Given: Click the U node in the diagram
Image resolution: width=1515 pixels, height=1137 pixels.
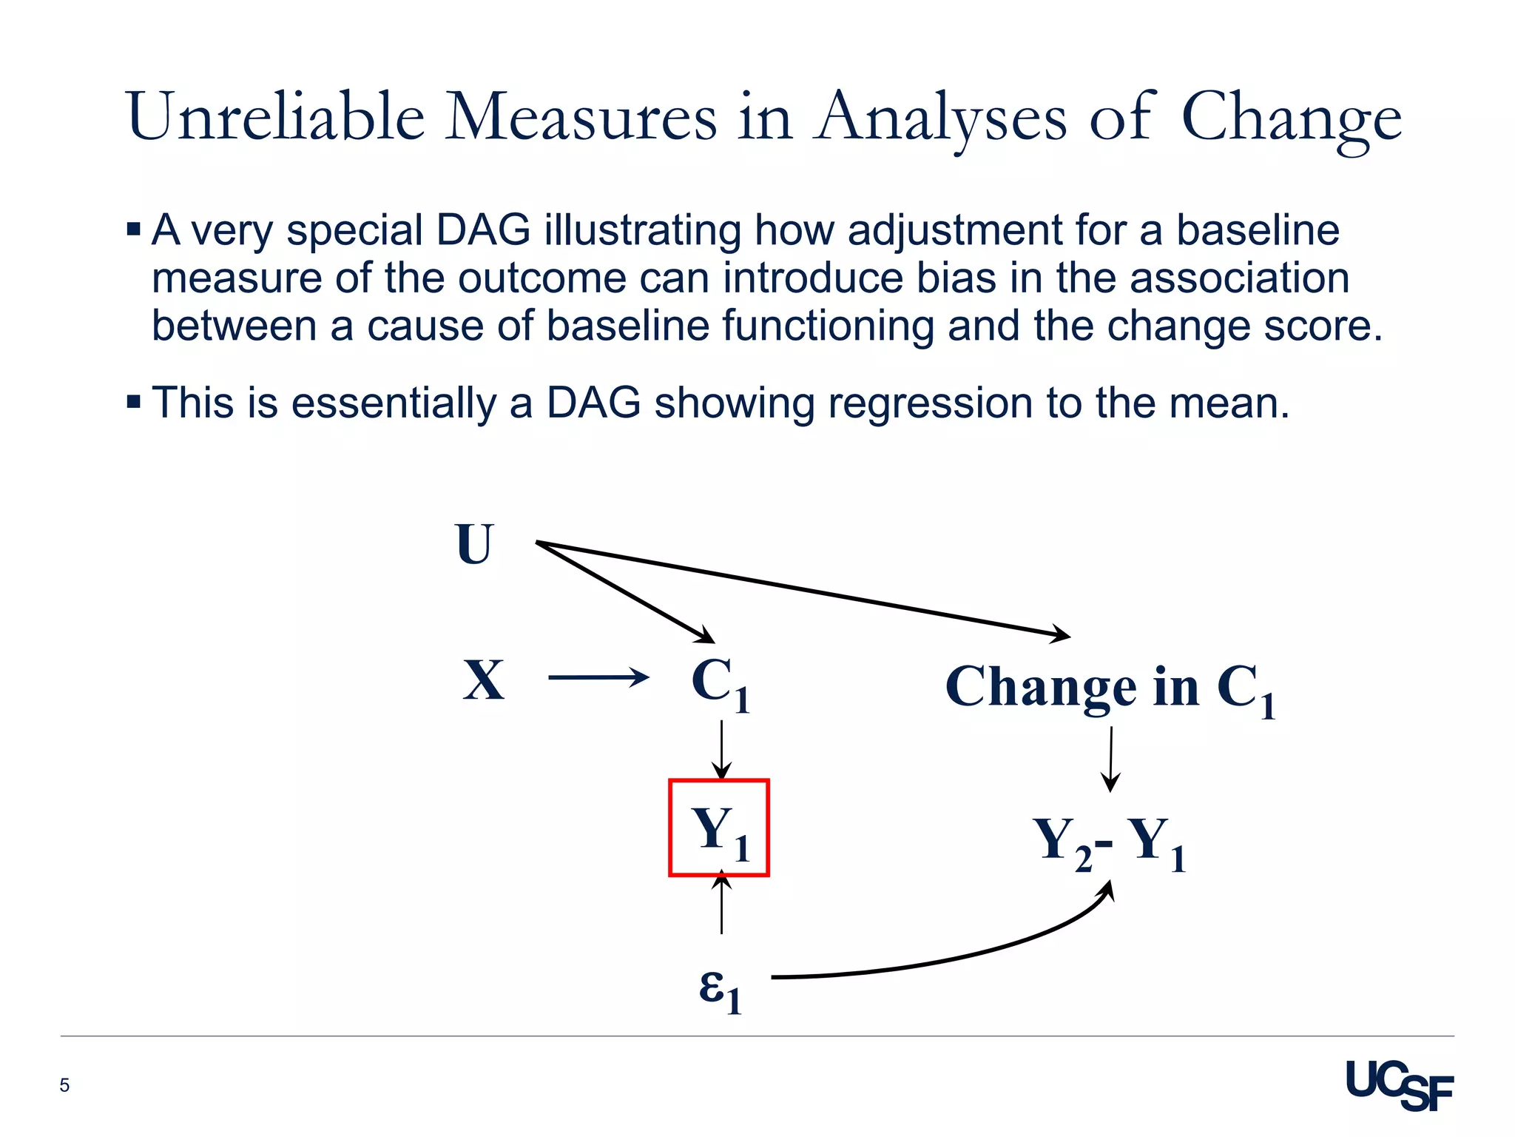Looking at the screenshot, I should pyautogui.click(x=474, y=544).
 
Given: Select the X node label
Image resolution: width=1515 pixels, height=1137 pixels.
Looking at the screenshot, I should pyautogui.click(x=484, y=680).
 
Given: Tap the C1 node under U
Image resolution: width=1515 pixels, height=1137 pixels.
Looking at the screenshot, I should pyautogui.click(x=720, y=683).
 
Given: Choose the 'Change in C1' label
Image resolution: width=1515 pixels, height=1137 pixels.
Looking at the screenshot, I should pyautogui.click(x=1110, y=688).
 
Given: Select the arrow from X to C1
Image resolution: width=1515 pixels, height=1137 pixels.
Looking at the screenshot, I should pyautogui.click(x=598, y=677).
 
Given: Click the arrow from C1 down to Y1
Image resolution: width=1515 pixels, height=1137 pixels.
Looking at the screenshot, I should pyautogui.click(x=721, y=749).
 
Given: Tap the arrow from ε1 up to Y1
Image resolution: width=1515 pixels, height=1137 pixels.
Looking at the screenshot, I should pyautogui.click(x=721, y=905).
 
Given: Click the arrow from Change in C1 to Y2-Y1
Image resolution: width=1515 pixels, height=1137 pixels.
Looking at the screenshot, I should pyautogui.click(x=1110, y=759).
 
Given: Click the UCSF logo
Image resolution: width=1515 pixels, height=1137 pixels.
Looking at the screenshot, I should pyautogui.click(x=1399, y=1085).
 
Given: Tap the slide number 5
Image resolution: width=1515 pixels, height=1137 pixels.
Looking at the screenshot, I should pyautogui.click(x=64, y=1085).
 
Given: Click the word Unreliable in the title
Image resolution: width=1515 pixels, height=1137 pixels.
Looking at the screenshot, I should pyautogui.click(x=275, y=116).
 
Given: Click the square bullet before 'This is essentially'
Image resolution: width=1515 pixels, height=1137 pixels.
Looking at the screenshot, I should pyautogui.click(x=133, y=402).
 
